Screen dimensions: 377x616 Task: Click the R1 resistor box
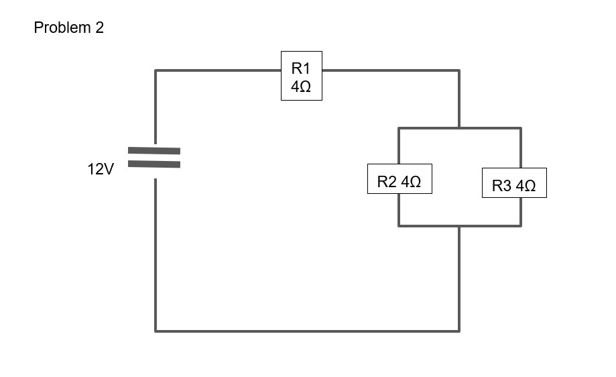301,76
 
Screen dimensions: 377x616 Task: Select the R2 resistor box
399,178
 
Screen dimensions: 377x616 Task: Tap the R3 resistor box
514,182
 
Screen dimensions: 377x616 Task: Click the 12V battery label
101,170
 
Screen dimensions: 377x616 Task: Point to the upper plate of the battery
154,151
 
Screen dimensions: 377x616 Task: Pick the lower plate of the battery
154,164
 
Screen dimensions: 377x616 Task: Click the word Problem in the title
61,28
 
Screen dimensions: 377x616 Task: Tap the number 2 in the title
100,28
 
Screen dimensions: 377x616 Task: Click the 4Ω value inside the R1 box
301,87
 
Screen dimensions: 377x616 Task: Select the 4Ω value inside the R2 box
411,182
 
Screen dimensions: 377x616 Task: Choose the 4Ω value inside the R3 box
526,186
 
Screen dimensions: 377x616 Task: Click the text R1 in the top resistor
301,68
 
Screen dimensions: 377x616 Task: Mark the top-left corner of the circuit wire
156,70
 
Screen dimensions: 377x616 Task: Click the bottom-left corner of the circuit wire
156,331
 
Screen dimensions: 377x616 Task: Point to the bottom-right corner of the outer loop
459,331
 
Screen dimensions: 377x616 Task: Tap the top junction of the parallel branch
459,128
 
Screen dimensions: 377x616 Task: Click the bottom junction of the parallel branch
459,226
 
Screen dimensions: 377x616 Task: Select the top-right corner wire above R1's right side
459,70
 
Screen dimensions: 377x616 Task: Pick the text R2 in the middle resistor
387,182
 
